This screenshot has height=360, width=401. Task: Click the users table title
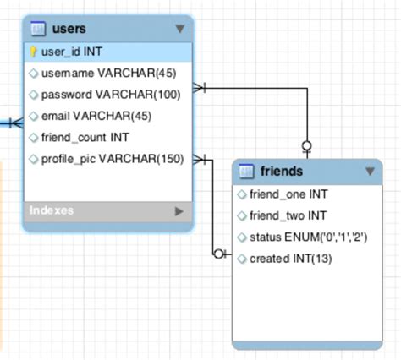click(x=69, y=30)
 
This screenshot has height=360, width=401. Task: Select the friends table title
click(x=282, y=172)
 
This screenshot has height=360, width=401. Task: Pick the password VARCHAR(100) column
click(x=110, y=95)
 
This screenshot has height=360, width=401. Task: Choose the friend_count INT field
click(x=84, y=137)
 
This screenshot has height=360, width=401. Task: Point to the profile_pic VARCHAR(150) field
click(x=112, y=158)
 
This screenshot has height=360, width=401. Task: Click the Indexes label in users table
click(x=51, y=210)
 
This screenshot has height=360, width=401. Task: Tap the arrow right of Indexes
click(x=179, y=210)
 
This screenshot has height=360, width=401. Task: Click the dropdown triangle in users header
click(x=179, y=30)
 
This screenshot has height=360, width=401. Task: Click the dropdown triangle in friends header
click(x=370, y=172)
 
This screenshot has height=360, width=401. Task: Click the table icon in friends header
click(x=246, y=172)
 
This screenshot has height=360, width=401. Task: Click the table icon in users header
click(x=37, y=30)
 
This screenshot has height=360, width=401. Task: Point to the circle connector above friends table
click(x=307, y=145)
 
